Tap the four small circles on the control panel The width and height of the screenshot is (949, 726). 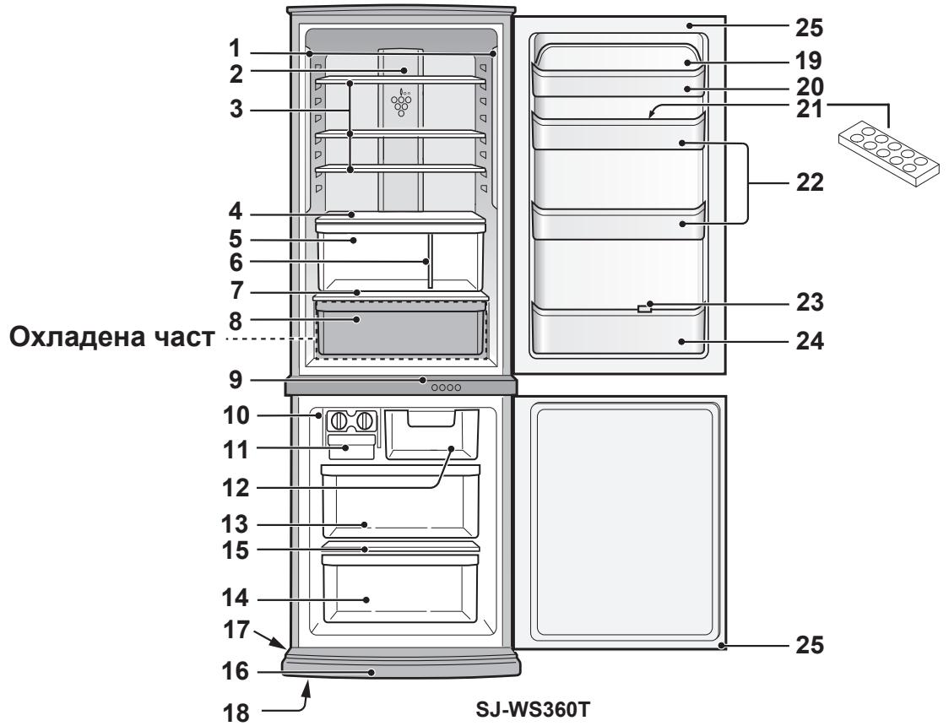[447, 387]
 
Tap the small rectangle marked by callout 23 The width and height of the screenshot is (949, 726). [644, 310]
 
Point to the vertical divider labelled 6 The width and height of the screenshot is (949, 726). [430, 262]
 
